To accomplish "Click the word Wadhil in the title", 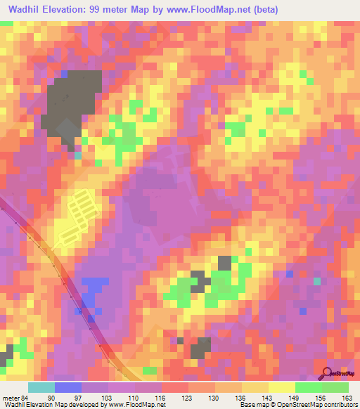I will [x=23, y=10].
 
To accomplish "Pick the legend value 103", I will [x=106, y=397].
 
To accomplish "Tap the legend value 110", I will [x=134, y=397].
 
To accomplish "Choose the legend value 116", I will [x=160, y=397].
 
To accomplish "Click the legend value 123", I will [x=187, y=397].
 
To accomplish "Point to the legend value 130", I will [x=214, y=397].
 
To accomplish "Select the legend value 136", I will [x=240, y=397].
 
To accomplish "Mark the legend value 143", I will [x=267, y=397].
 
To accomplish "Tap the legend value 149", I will [x=294, y=397].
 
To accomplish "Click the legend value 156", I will [x=321, y=397].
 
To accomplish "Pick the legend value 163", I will [x=347, y=397].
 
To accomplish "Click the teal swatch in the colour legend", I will [x=41, y=387].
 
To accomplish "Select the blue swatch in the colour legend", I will [x=68, y=387].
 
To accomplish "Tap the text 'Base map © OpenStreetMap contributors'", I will [x=295, y=405].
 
